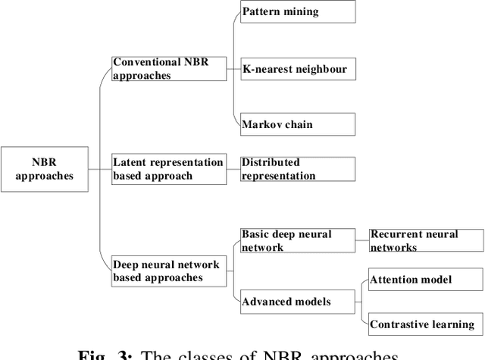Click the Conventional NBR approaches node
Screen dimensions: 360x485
pyautogui.click(x=169, y=68)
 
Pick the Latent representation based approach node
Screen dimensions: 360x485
pyautogui.click(x=169, y=168)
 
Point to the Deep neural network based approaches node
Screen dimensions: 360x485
pyautogui.click(x=169, y=271)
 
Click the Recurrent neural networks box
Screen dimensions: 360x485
pyautogui.click(x=425, y=241)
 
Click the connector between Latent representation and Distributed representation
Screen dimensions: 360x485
pyautogui.click(x=233, y=168)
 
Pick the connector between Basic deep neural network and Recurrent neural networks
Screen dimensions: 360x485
pyautogui.click(x=361, y=241)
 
